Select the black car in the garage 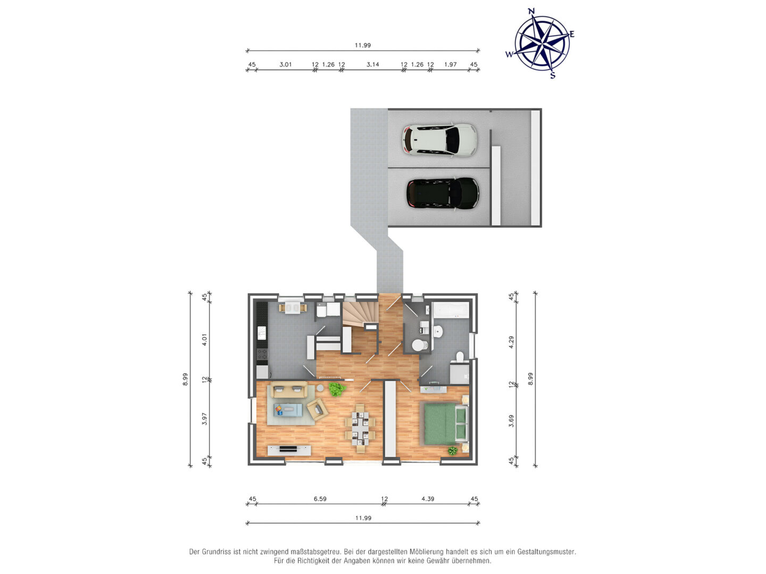click(x=443, y=193)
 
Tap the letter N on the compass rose click(x=531, y=11)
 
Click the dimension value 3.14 click(x=373, y=64)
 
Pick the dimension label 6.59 click(x=320, y=499)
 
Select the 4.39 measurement click(x=428, y=499)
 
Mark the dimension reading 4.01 click(x=204, y=340)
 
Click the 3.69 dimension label click(x=511, y=420)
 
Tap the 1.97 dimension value click(x=450, y=64)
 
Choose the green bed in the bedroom click(x=444, y=424)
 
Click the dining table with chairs click(x=360, y=428)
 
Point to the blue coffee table click(x=288, y=410)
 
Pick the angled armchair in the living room click(x=318, y=409)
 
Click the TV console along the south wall click(x=289, y=450)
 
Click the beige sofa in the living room click(x=289, y=389)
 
